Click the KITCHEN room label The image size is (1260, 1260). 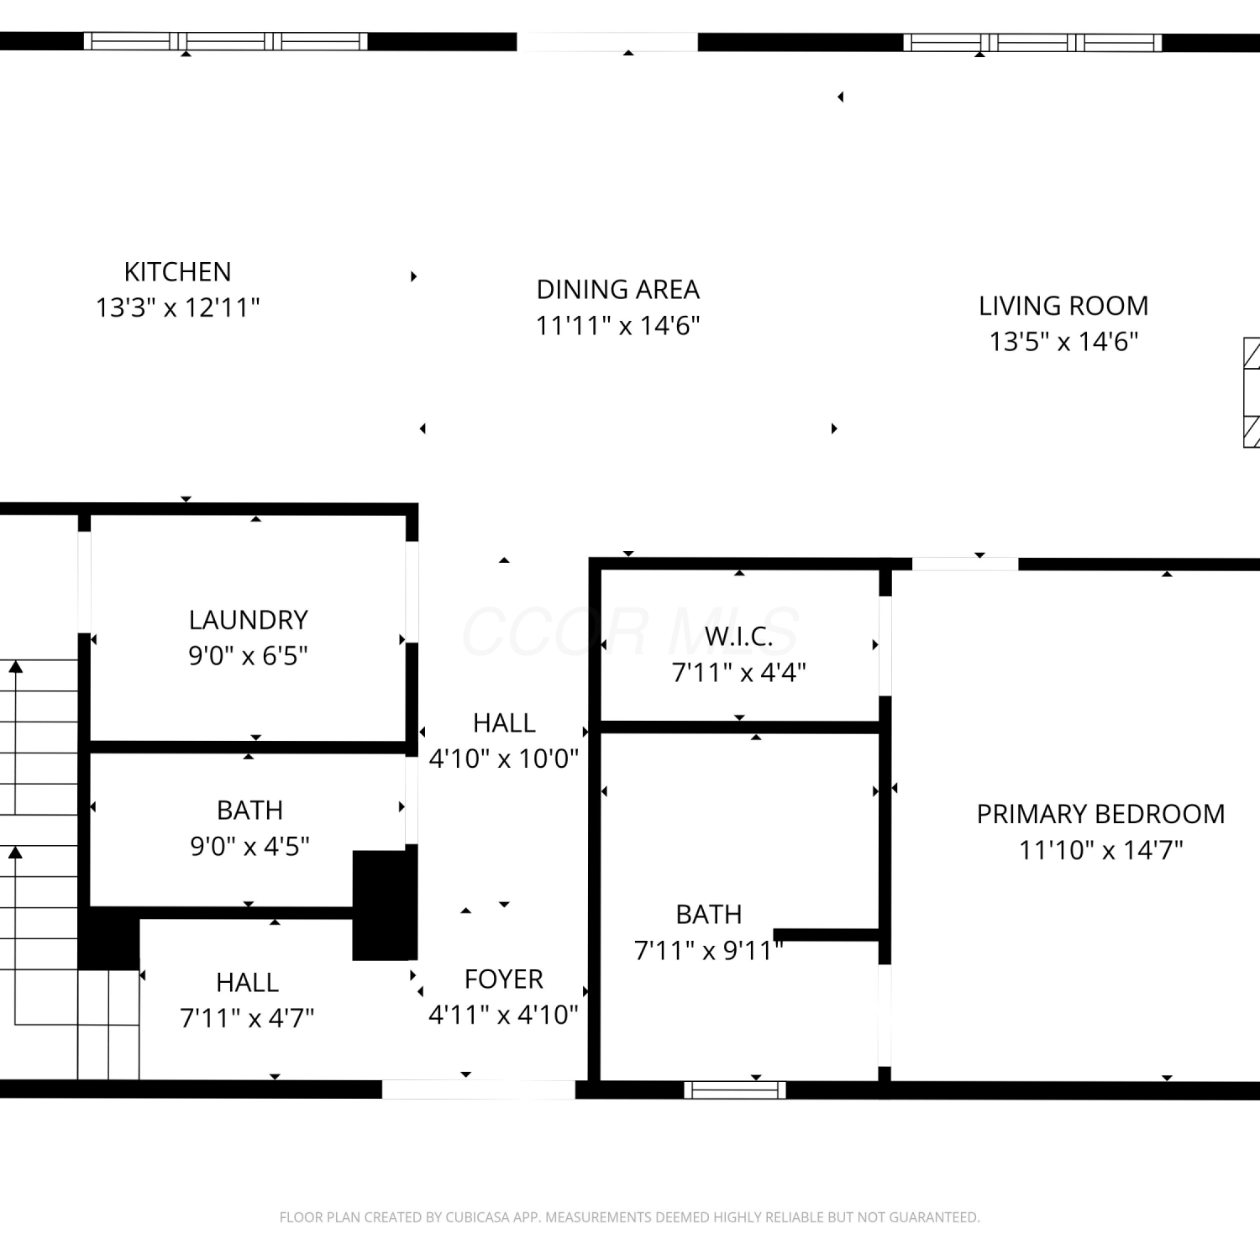pyautogui.click(x=177, y=272)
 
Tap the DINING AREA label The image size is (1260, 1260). pyautogui.click(x=618, y=290)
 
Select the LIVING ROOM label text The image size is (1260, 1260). pyautogui.click(x=1063, y=306)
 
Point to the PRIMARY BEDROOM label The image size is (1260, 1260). pyautogui.click(x=1100, y=814)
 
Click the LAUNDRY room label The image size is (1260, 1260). pyautogui.click(x=248, y=620)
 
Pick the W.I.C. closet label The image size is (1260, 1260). pyautogui.click(x=738, y=637)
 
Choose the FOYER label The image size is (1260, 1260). pyautogui.click(x=504, y=979)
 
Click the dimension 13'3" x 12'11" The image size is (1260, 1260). pyautogui.click(x=177, y=307)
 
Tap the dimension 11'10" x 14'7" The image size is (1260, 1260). pyautogui.click(x=1100, y=850)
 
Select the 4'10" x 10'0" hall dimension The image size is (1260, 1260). pyautogui.click(x=504, y=759)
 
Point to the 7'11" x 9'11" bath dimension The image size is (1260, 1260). pyautogui.click(x=709, y=950)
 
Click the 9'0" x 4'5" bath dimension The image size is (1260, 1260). pyautogui.click(x=249, y=846)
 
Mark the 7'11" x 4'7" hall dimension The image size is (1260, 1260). pyautogui.click(x=247, y=1018)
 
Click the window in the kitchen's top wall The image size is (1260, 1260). pyautogui.click(x=226, y=41)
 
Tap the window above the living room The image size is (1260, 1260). pyautogui.click(x=1033, y=42)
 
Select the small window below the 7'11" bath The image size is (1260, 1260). pyautogui.click(x=735, y=1090)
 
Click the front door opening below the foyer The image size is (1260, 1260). pyautogui.click(x=479, y=1089)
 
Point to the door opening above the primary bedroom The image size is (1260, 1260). pyautogui.click(x=965, y=564)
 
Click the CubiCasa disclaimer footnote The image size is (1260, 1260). pyautogui.click(x=629, y=1217)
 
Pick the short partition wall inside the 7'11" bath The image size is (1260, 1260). pyautogui.click(x=827, y=934)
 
